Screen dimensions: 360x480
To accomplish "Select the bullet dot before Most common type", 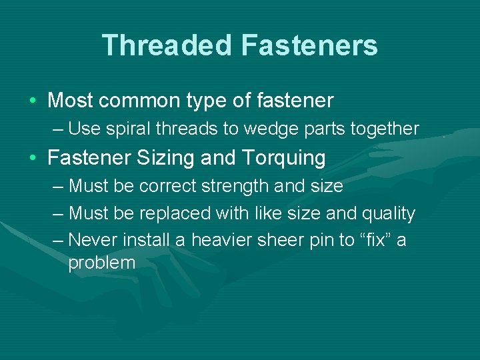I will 33,101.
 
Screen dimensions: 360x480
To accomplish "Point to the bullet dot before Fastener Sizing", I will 33,159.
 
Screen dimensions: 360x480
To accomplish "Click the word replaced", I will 176,213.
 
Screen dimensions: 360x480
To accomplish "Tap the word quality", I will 387,213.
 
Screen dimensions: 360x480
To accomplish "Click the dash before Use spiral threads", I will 57,128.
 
